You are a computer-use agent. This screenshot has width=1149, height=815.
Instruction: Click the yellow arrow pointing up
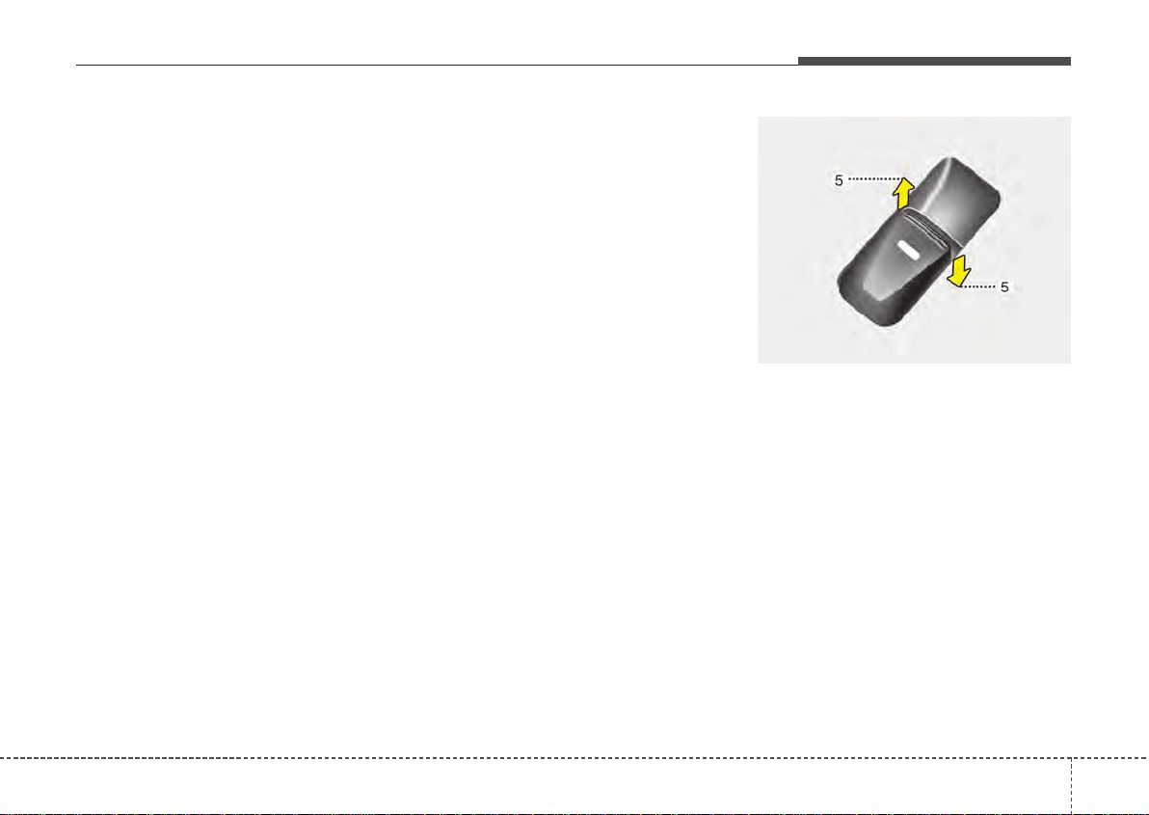tap(903, 194)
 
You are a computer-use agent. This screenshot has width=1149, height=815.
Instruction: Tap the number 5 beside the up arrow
tap(840, 179)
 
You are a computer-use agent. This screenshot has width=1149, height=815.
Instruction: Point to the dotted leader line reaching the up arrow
tap(873, 179)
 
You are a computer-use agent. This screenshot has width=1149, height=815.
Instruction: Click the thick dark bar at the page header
tap(933, 62)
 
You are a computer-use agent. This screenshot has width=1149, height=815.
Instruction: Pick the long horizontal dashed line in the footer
tap(530, 757)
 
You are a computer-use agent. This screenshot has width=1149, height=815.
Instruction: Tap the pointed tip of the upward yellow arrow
tap(903, 177)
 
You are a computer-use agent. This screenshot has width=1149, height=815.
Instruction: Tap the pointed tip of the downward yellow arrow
tap(955, 286)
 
